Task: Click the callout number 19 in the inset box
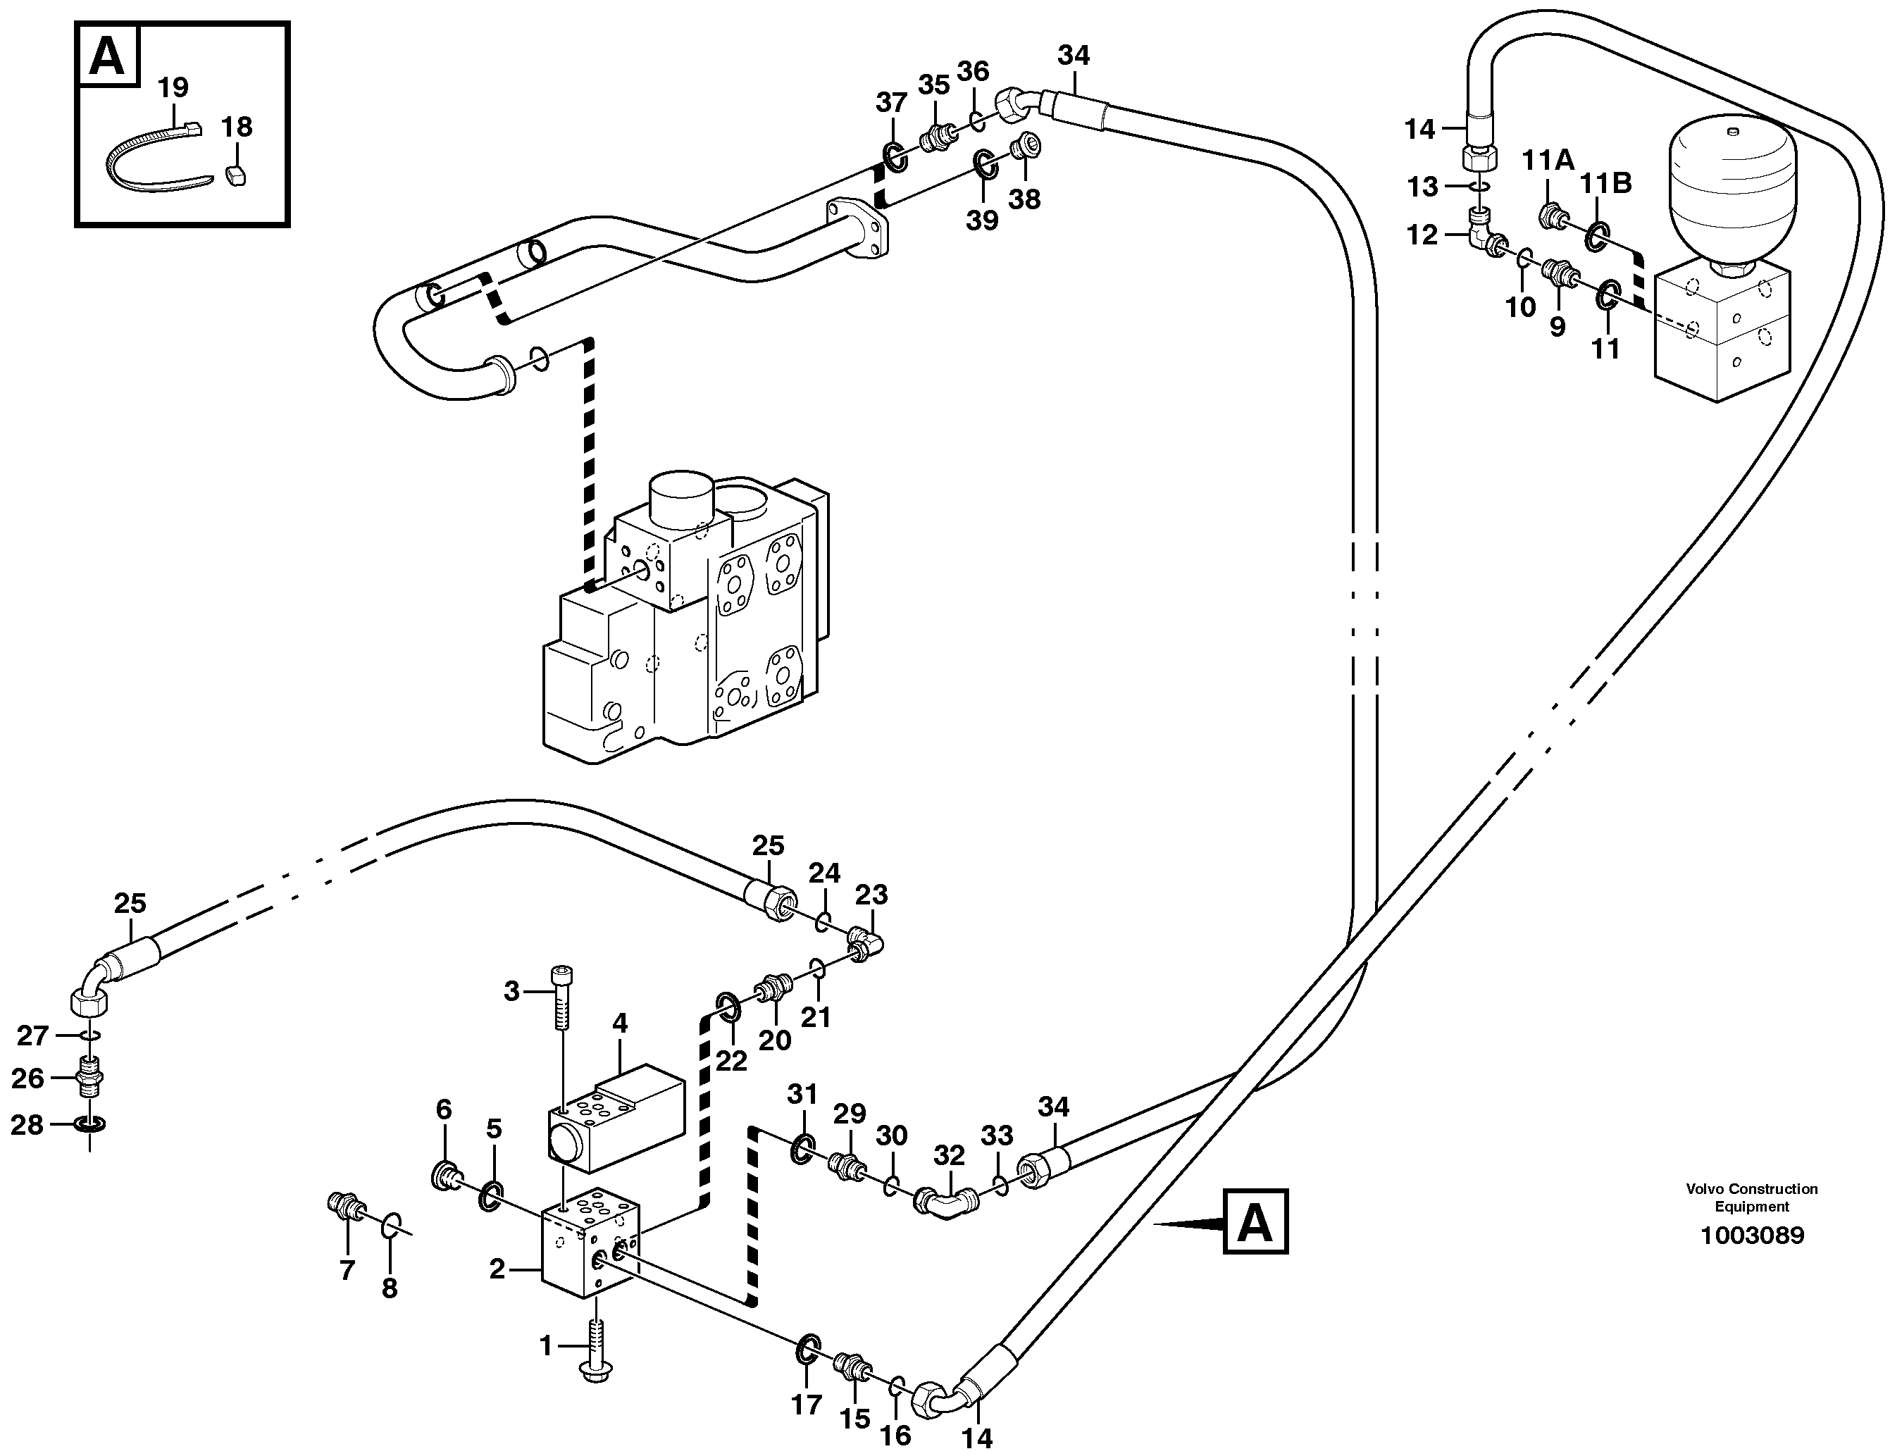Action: pyautogui.click(x=173, y=87)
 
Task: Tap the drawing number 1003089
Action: pyautogui.click(x=1753, y=1235)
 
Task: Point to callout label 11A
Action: pyautogui.click(x=1548, y=160)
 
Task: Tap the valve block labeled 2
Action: pyautogui.click(x=590, y=1241)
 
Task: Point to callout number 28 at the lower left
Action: pyautogui.click(x=27, y=1126)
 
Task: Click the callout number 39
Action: pyautogui.click(x=982, y=220)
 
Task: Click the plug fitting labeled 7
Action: pyautogui.click(x=345, y=1205)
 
